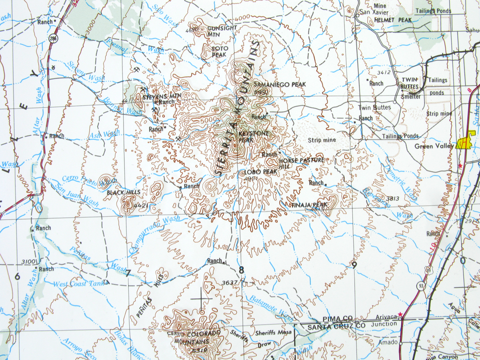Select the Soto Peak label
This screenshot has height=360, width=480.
pos(220,51)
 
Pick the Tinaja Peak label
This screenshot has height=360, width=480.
pos(310,205)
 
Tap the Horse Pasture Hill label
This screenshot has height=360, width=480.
pos(300,163)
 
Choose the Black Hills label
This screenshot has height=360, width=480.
pos(124,192)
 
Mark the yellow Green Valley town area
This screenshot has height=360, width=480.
pos(466,140)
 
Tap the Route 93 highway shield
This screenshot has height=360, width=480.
pos(421,286)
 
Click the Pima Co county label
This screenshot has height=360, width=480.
pos(337,318)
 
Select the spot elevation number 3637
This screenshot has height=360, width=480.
pos(230,282)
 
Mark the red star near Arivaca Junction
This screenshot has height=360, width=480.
pos(400,314)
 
